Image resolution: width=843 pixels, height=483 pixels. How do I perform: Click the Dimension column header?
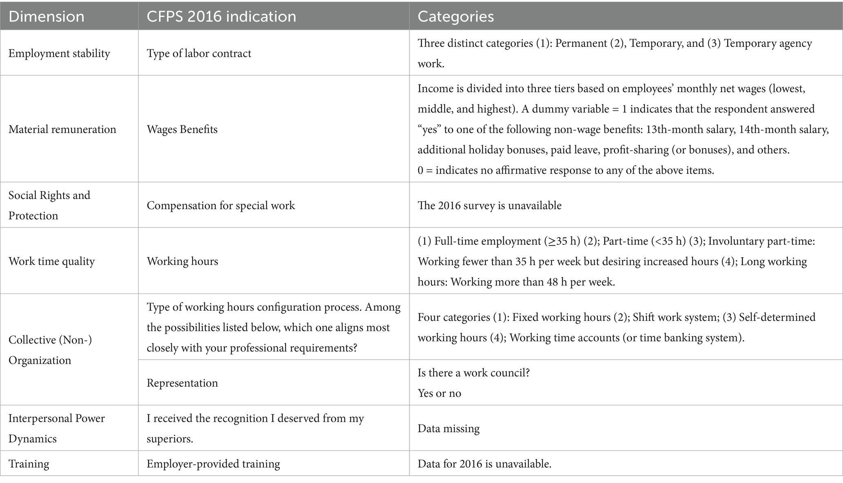click(x=46, y=16)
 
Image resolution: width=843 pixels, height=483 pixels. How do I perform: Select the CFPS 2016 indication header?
click(x=221, y=16)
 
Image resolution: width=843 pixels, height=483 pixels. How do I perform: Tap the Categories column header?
click(x=456, y=16)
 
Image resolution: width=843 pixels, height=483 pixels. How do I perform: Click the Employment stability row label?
click(x=59, y=53)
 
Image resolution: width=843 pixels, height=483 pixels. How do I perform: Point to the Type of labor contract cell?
click(x=199, y=53)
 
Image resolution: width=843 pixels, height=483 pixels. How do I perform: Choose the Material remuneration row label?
click(x=62, y=129)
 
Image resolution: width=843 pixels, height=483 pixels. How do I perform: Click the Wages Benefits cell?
click(x=182, y=129)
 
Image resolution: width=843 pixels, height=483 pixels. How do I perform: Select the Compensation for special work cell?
click(x=221, y=205)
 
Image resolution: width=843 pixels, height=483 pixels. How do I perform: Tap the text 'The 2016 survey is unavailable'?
click(x=489, y=205)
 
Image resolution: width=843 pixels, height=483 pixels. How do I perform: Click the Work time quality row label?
click(x=51, y=261)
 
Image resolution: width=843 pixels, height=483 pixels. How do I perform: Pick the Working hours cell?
click(x=182, y=261)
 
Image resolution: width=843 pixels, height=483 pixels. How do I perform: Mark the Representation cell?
click(x=182, y=383)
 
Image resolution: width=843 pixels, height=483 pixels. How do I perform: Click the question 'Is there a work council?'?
click(x=473, y=373)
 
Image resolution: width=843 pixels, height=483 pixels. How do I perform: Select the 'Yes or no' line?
click(x=439, y=393)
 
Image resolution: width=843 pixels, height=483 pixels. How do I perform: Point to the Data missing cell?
click(x=448, y=429)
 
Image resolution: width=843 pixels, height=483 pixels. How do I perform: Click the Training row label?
click(x=29, y=464)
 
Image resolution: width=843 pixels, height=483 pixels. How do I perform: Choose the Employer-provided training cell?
click(x=213, y=464)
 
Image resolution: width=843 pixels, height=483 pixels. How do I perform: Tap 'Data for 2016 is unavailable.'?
click(x=485, y=464)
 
